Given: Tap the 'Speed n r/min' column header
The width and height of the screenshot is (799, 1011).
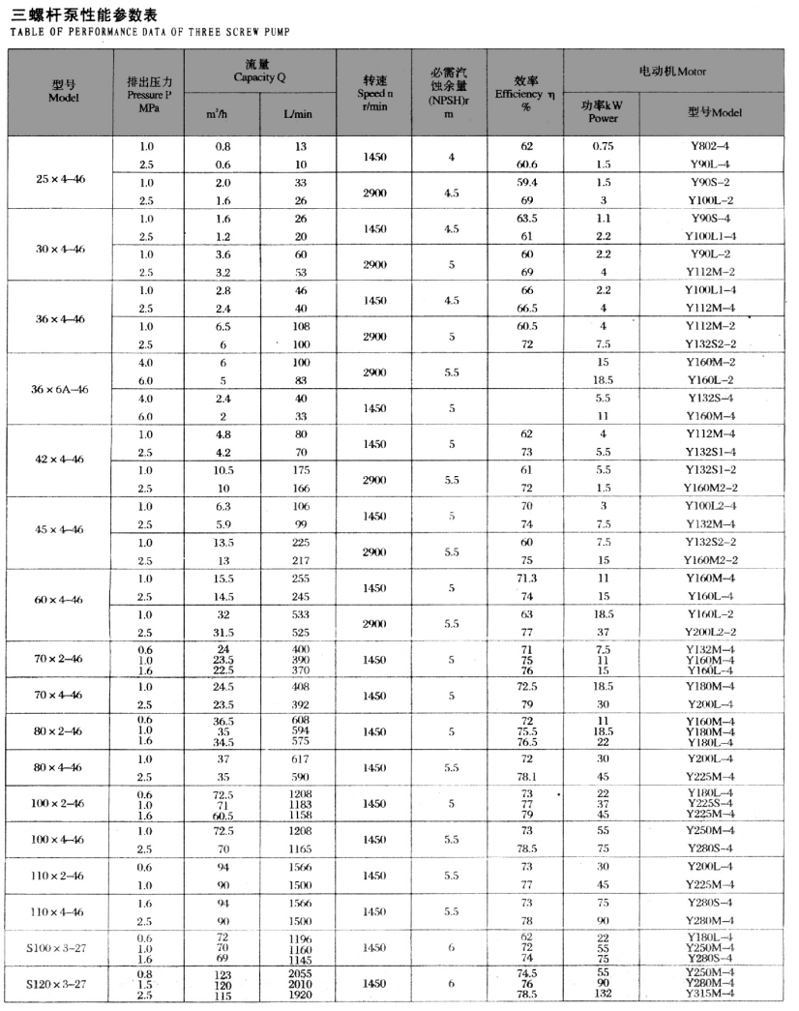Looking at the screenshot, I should click(x=376, y=93).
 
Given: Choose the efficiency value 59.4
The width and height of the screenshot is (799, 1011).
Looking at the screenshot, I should click(x=527, y=182).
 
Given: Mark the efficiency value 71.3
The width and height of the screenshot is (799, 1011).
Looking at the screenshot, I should click(x=527, y=578).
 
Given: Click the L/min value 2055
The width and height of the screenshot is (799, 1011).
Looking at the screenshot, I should click(x=302, y=972).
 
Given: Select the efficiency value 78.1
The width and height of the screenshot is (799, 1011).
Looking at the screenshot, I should click(x=527, y=776).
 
